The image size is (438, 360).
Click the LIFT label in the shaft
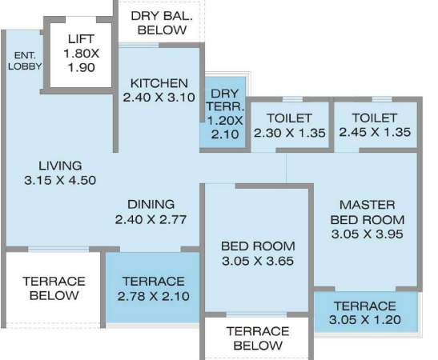click(80, 38)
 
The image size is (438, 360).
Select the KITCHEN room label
click(159, 83)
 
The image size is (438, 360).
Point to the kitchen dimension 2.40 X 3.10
click(159, 98)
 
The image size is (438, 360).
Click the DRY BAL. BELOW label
click(162, 22)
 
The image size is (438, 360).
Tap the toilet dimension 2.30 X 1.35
click(289, 133)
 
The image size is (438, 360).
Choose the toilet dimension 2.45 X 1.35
click(375, 133)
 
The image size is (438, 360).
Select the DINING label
click(151, 204)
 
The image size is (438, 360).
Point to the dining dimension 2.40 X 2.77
click(151, 219)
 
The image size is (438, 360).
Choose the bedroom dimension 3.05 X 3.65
click(257, 261)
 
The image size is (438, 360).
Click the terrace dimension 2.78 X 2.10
click(151, 296)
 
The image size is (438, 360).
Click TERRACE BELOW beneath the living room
click(54, 288)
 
